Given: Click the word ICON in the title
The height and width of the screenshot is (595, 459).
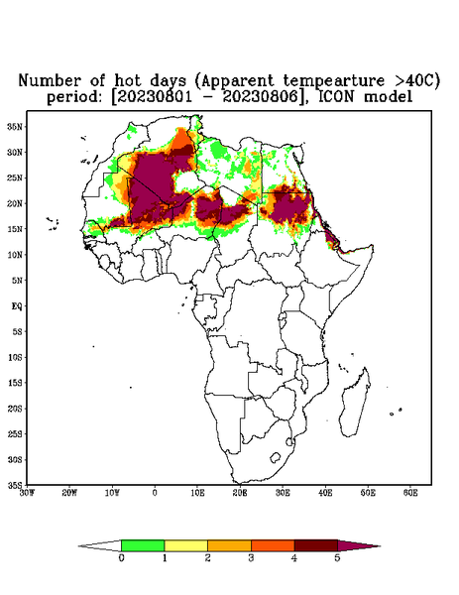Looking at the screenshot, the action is (337, 97).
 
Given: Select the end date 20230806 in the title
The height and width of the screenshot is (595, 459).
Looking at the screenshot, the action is (261, 97).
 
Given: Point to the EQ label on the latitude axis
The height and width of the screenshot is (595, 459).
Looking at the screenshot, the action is (17, 305).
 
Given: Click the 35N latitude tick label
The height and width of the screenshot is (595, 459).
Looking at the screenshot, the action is (15, 126).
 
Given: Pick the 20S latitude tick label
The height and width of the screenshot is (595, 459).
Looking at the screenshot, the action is (15, 409).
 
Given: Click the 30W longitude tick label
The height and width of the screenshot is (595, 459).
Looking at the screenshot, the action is (27, 493).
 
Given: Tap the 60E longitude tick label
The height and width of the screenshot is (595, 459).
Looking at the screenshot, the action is (410, 493).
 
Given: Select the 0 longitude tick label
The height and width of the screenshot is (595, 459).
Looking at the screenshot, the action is (155, 493).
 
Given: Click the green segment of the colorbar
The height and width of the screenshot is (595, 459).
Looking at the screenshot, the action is (143, 545).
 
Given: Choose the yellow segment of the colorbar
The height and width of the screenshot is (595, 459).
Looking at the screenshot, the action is (185, 545).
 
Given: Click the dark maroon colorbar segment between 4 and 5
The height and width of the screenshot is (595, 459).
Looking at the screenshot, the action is (316, 545).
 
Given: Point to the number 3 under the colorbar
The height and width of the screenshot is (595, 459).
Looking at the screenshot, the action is (251, 557).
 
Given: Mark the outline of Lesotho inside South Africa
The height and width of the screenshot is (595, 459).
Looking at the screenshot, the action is (275, 457).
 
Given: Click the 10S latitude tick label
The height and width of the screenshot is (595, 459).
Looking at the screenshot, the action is (15, 357).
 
